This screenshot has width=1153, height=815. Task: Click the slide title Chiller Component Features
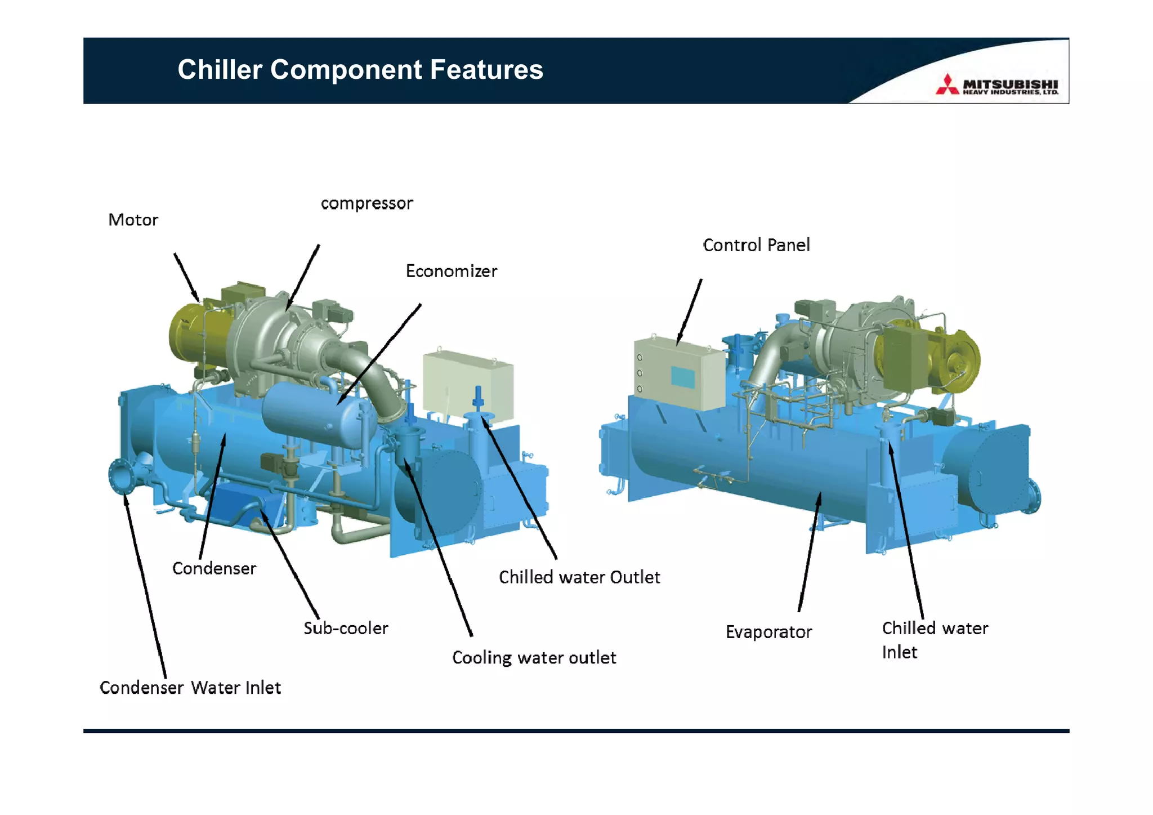coord(360,70)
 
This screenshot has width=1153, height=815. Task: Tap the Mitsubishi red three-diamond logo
coord(947,84)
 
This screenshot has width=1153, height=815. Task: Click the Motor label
coord(133,220)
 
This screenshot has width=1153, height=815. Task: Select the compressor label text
coord(367,203)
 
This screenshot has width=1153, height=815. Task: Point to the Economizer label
coord(452,271)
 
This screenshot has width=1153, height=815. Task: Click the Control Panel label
coord(756,245)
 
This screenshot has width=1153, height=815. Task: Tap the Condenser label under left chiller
coord(214,568)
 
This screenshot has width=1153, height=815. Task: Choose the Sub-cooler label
coord(346,628)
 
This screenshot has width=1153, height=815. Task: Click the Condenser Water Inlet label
coord(190,688)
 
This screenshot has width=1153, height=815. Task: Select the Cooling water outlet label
coord(534,658)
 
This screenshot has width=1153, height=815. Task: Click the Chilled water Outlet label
coord(579,577)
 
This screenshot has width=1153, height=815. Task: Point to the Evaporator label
coord(768,632)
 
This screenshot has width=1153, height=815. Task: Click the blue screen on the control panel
coord(683,377)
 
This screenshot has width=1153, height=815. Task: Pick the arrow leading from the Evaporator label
coord(810,552)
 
